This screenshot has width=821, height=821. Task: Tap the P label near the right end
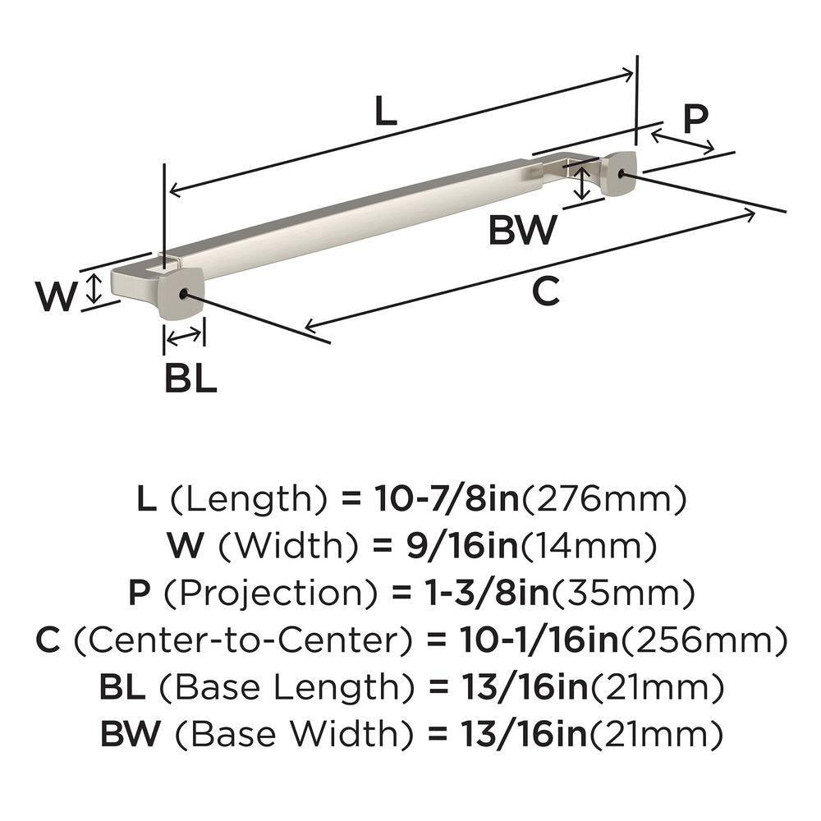[695, 120]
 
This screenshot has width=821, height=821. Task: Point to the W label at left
[57, 296]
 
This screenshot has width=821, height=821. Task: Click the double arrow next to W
[95, 289]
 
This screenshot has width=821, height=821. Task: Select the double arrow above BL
[184, 335]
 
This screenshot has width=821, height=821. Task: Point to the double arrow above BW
[581, 182]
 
